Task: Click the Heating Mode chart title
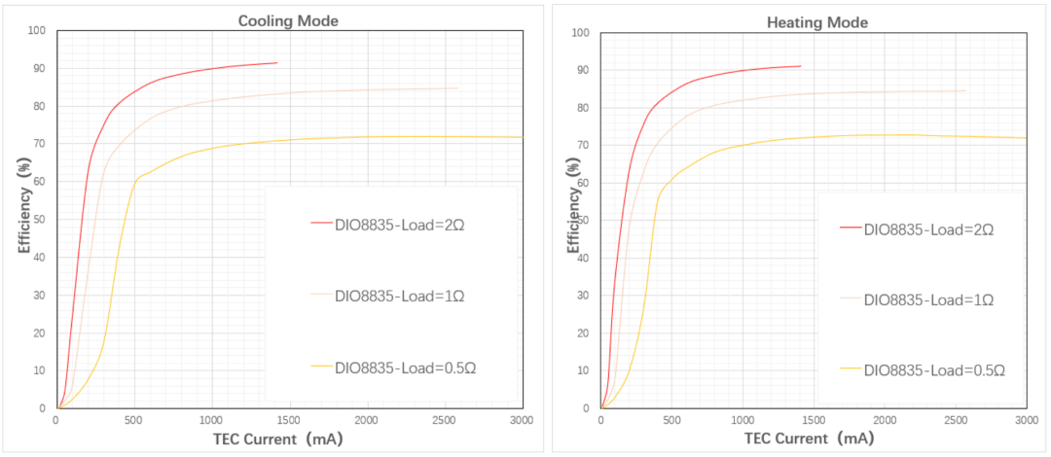817,22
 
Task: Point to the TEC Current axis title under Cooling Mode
277,438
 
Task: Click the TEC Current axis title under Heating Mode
812,439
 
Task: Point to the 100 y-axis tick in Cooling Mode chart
38,30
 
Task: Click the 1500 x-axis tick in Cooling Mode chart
289,420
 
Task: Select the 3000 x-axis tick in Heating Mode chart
1026,420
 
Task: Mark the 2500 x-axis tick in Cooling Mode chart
445,420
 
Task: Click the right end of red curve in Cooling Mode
277,63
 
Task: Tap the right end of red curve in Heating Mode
801,66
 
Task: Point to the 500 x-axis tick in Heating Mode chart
671,420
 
